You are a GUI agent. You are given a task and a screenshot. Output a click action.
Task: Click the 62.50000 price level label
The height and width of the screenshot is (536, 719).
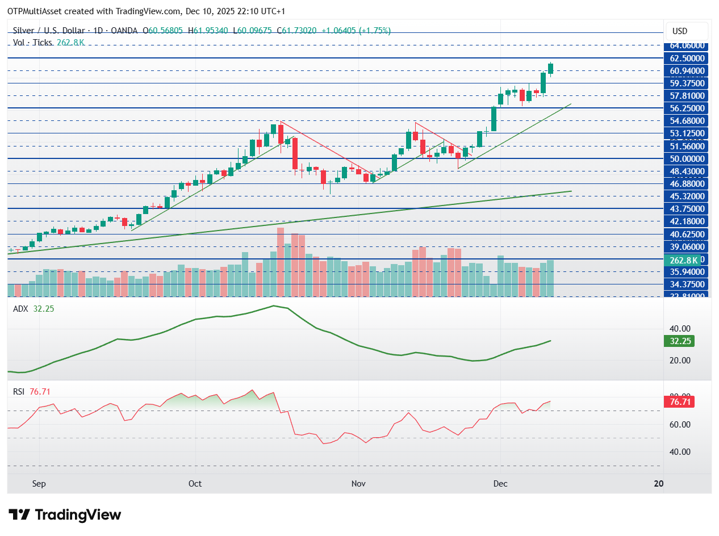687,58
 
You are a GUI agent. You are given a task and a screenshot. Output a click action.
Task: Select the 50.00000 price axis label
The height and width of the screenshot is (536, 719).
687,158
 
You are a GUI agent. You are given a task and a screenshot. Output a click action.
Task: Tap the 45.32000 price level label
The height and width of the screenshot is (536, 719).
687,196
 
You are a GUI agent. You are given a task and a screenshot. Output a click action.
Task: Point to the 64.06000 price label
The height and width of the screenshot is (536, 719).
687,45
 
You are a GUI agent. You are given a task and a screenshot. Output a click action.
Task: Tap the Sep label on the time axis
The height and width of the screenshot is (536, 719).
39,484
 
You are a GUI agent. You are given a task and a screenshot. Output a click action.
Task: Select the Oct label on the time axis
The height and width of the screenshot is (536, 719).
195,484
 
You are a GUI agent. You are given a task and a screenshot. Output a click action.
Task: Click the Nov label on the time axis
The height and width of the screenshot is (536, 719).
358,484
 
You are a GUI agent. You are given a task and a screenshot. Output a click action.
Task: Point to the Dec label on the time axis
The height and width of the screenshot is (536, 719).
500,484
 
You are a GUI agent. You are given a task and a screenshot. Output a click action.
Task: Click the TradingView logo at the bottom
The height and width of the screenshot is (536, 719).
65,515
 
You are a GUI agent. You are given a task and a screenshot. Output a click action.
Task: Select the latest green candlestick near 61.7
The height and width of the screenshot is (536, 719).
550,69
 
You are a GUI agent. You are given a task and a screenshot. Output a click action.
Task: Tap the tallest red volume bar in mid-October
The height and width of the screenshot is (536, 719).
280,261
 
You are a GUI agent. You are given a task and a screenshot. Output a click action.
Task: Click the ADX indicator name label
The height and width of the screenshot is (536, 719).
20,308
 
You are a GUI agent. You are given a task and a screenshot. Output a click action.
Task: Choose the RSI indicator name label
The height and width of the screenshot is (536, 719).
19,391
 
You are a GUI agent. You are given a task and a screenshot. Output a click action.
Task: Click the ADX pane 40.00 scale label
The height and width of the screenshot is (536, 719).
679,329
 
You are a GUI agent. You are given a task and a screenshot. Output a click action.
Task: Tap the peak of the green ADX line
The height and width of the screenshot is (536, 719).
274,306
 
